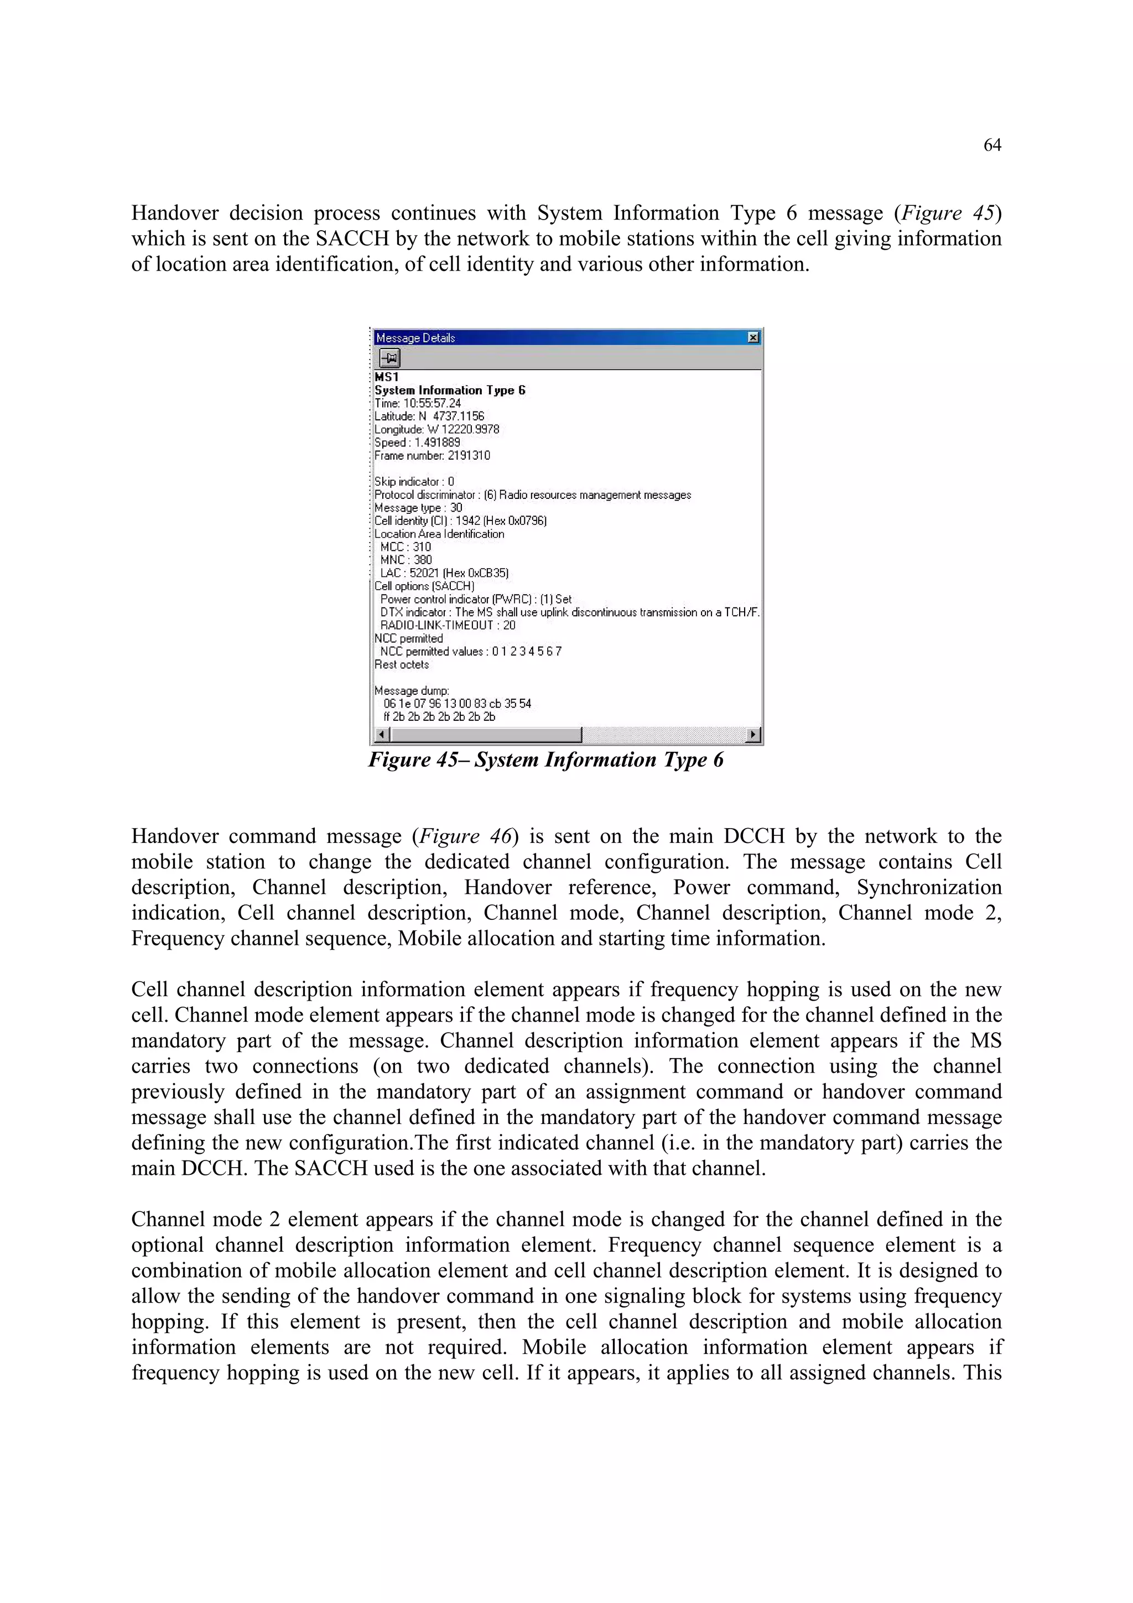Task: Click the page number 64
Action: click(991, 145)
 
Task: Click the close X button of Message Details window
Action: click(752, 338)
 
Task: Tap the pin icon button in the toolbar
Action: click(389, 359)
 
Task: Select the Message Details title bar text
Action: click(415, 338)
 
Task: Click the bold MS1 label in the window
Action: click(386, 377)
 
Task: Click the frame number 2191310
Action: click(469, 456)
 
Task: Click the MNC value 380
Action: click(422, 560)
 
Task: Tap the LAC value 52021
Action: click(424, 573)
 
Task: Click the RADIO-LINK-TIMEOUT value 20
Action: click(509, 626)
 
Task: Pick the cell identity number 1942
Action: click(467, 521)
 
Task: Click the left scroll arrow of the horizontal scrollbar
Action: click(381, 735)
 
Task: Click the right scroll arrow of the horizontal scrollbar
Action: click(752, 735)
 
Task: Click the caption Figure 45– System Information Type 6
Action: click(545, 759)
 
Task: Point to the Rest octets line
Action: click(402, 665)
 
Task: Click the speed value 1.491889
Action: click(437, 443)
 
